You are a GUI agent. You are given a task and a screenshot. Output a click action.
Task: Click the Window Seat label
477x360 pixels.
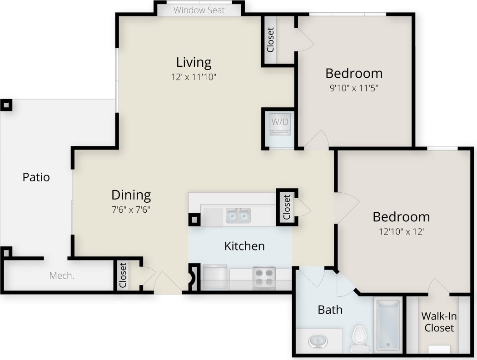tap(199, 10)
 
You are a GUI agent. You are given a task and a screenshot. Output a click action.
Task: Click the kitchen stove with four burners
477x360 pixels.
tap(264, 278)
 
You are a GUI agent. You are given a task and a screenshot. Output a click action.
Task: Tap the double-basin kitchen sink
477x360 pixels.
tap(238, 215)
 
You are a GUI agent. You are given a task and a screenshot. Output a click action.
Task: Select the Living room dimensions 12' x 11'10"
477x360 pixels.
tap(194, 77)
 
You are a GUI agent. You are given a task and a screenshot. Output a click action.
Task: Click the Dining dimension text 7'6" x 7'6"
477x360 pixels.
tap(131, 210)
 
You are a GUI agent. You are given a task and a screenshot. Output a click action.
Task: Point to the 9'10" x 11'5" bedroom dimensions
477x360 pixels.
tap(354, 88)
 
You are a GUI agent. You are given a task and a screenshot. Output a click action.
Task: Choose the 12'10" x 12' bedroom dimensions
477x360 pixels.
tap(401, 231)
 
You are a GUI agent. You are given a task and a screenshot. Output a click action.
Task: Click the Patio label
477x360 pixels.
tap(36, 177)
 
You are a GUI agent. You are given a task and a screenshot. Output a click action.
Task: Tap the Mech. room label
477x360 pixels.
tap(62, 275)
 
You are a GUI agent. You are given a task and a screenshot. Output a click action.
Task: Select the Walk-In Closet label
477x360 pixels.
tap(439, 321)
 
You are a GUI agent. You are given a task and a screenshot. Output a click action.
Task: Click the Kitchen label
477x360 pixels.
tap(244, 246)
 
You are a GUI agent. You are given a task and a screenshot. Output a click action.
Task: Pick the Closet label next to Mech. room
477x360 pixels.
tap(123, 275)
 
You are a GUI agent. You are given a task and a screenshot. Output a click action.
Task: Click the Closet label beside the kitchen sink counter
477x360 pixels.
tap(287, 207)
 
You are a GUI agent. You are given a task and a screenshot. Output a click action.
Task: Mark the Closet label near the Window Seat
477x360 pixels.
tap(271, 40)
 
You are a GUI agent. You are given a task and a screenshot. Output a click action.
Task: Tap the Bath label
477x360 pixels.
tap(330, 310)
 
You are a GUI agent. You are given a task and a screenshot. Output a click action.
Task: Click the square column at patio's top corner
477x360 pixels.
tap(5, 105)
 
